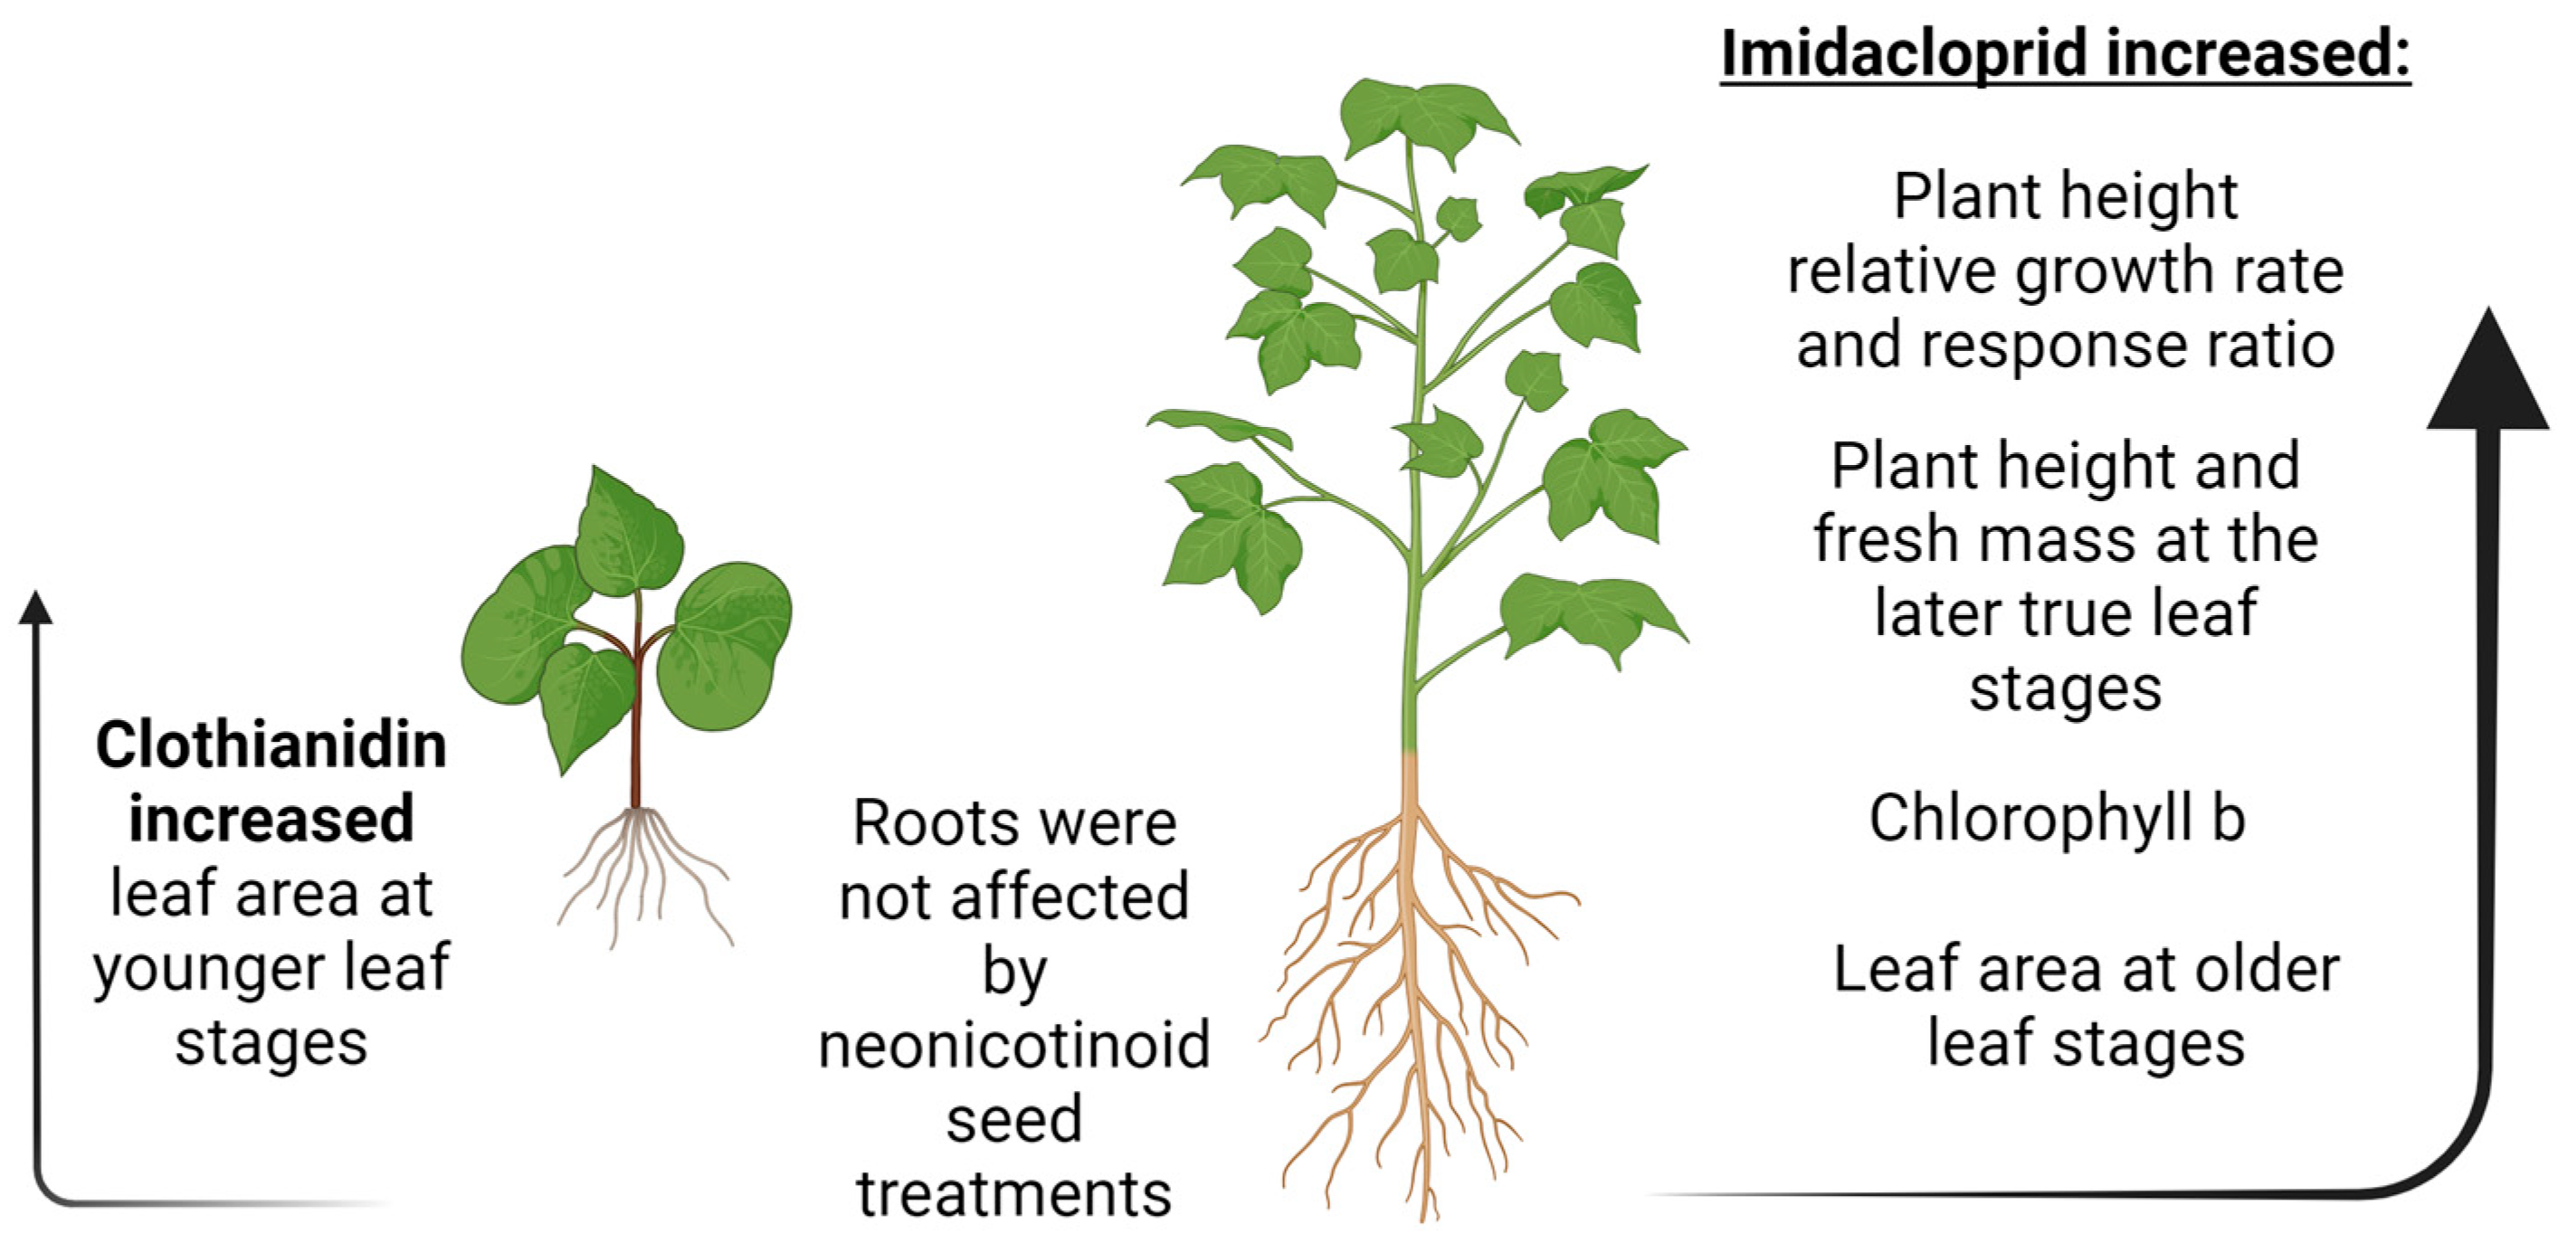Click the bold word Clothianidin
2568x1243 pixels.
(271, 745)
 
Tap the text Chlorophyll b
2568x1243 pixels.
(2056, 820)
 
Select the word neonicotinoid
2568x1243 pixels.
(1013, 1046)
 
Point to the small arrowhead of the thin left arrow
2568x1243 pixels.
(36, 608)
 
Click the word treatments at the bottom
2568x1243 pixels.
(1013, 1194)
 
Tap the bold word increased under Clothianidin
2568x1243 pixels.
(271, 820)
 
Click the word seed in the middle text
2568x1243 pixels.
(1013, 1119)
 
